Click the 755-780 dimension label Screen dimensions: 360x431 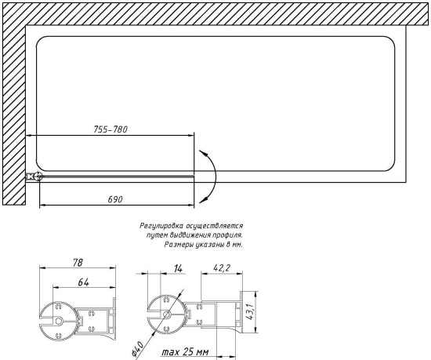[110, 130]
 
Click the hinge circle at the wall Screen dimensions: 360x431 [33, 177]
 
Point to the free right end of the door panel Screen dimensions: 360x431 [194, 176]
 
